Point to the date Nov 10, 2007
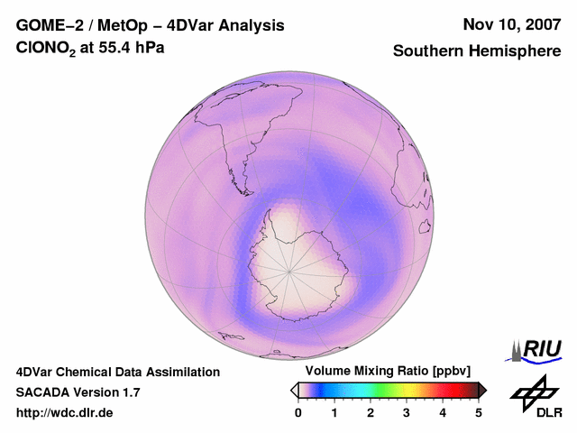(x=511, y=24)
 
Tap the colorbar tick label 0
(x=298, y=412)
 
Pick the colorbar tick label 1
(x=334, y=412)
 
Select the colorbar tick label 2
(x=371, y=412)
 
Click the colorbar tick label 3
(x=407, y=412)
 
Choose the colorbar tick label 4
(x=443, y=412)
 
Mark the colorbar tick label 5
(x=479, y=412)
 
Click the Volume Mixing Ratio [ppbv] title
(x=389, y=372)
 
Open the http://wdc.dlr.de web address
(x=65, y=413)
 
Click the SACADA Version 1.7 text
(x=78, y=392)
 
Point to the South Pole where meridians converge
(x=289, y=268)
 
